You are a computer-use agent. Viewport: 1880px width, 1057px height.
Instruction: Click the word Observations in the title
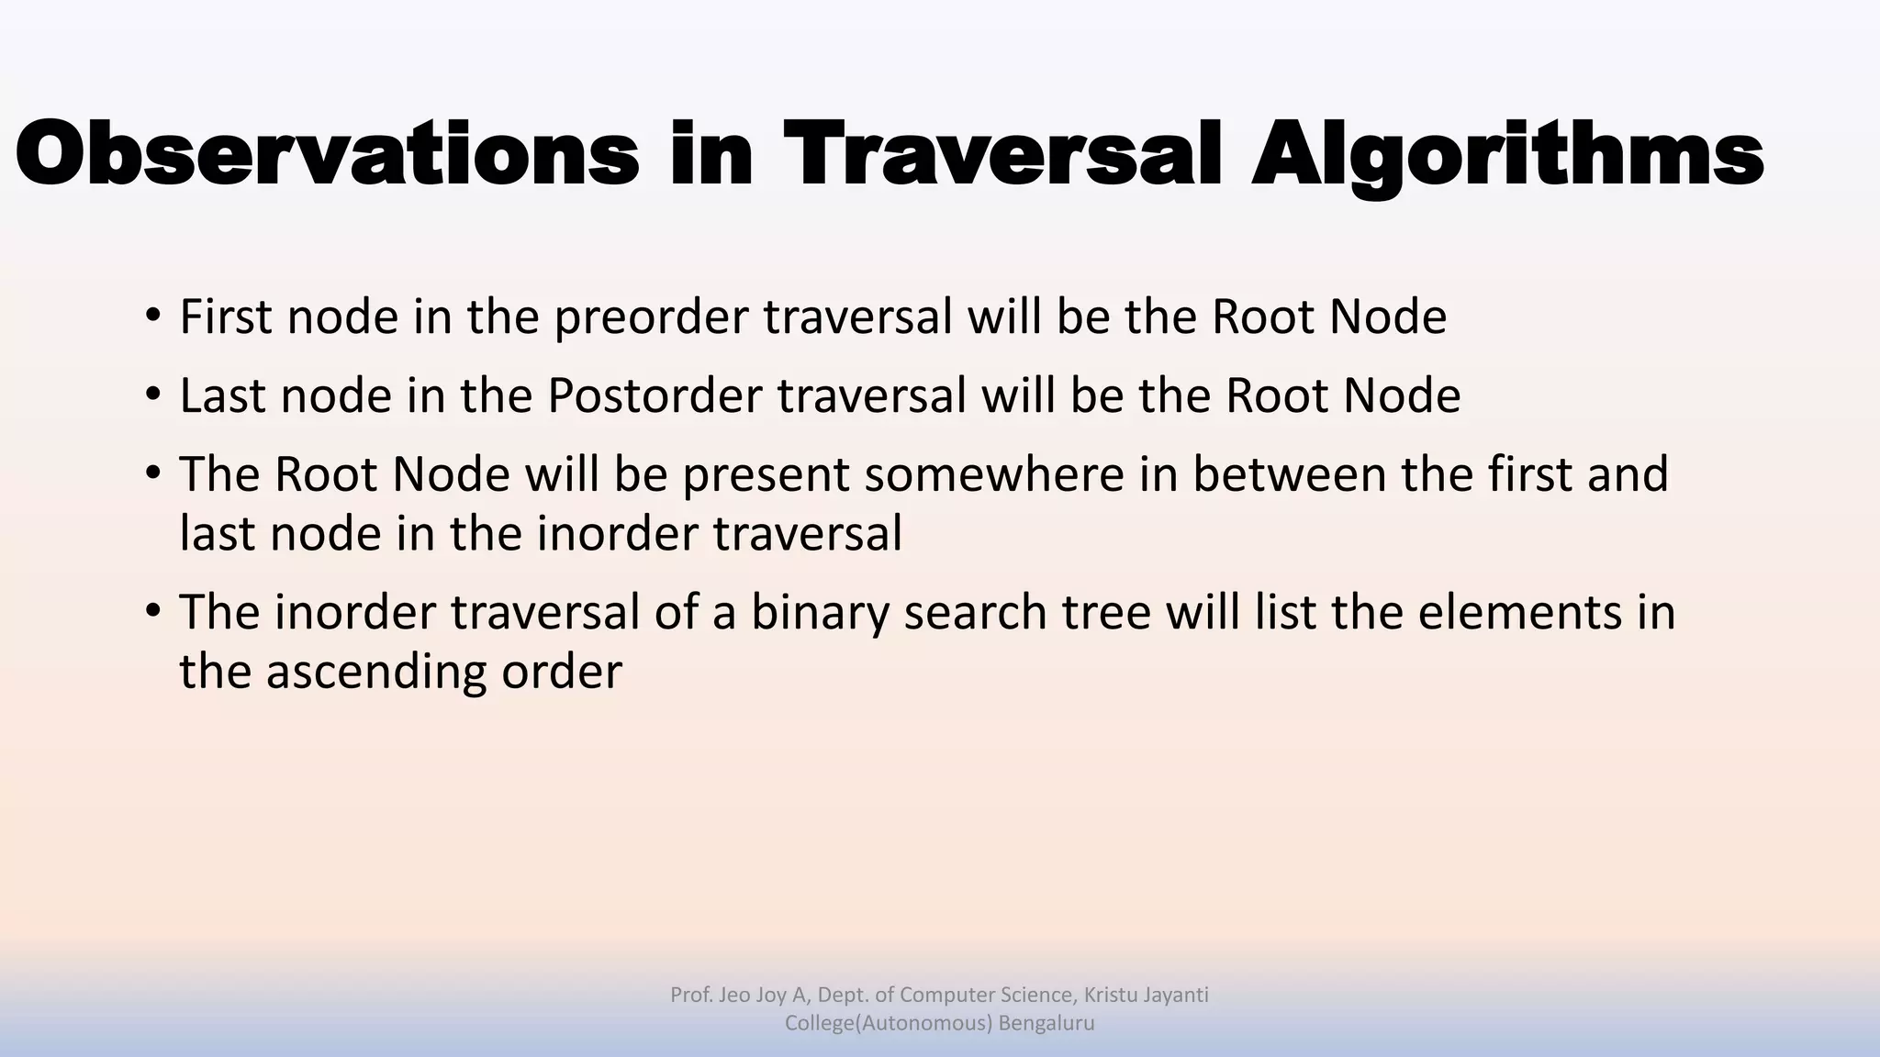[327, 154]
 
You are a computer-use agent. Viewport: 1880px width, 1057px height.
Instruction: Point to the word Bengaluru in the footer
[1046, 1023]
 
